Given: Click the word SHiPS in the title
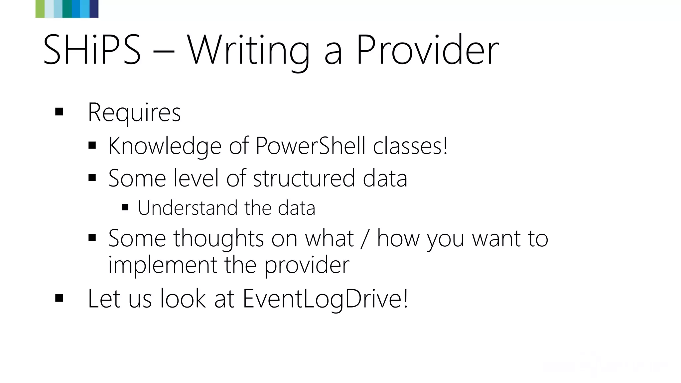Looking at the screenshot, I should tap(92, 50).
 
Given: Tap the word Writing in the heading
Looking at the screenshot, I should tap(248, 50).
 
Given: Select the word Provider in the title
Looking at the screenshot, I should tap(427, 50).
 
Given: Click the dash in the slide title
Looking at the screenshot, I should tap(164, 52).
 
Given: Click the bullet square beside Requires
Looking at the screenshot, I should tap(59, 112).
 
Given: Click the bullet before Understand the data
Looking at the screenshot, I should tap(125, 208).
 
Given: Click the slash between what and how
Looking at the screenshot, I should tap(365, 239).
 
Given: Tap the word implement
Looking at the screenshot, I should tap(163, 265).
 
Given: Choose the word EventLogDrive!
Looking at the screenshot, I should tap(325, 298).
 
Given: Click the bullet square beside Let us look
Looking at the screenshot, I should tap(59, 298).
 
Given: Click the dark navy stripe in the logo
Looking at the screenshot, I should tap(94, 9).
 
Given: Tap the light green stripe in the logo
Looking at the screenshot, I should tap(40, 9).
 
